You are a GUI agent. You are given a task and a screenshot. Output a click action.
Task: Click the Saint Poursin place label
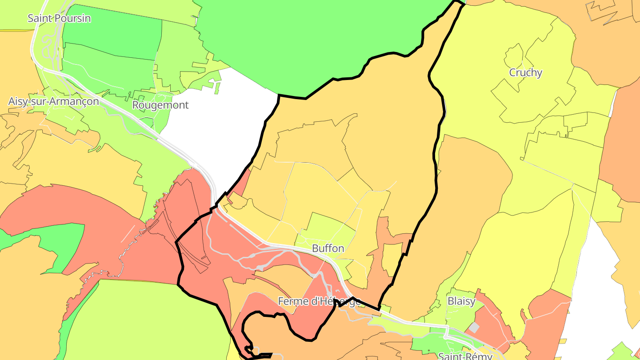59,18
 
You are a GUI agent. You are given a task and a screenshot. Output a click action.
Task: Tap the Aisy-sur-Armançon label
53,101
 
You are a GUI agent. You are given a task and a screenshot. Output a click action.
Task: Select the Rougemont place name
160,105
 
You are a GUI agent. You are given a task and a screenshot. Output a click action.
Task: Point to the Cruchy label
525,72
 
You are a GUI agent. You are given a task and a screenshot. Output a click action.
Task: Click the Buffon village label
328,248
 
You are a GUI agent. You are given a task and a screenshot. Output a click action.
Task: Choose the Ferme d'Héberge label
319,301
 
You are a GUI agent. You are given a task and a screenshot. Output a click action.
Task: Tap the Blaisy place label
461,301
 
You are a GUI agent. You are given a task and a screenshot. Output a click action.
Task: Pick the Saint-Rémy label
465,356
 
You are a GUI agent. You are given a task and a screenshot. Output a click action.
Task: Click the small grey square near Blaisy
474,328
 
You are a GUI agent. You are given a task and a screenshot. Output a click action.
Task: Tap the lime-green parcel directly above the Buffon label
327,227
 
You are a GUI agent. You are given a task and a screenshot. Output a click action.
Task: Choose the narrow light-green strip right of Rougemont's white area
216,87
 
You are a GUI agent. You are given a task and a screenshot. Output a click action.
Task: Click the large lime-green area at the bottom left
147,320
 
